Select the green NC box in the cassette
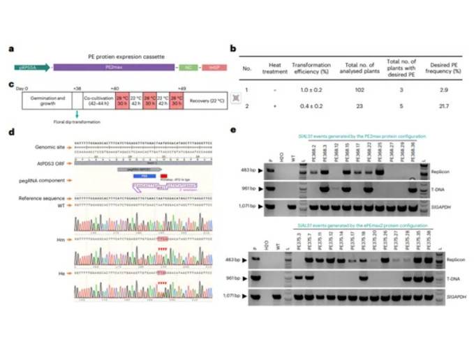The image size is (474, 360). click(186, 68)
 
